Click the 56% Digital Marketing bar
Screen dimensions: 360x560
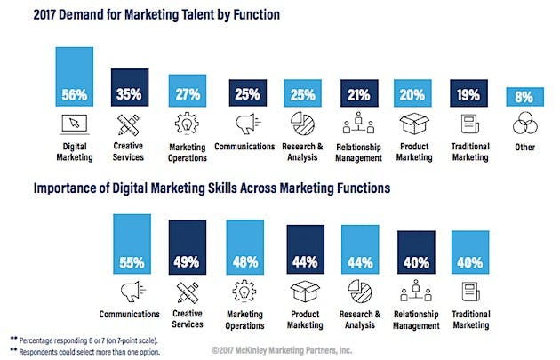tap(75, 76)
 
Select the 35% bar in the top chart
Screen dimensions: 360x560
tap(131, 86)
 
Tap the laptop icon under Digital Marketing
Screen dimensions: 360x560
tap(75, 124)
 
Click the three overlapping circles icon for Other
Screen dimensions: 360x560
tap(526, 124)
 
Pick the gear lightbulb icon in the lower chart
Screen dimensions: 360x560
tap(244, 292)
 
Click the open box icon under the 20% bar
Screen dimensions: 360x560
tap(412, 124)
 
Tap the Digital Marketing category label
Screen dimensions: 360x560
tap(75, 152)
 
